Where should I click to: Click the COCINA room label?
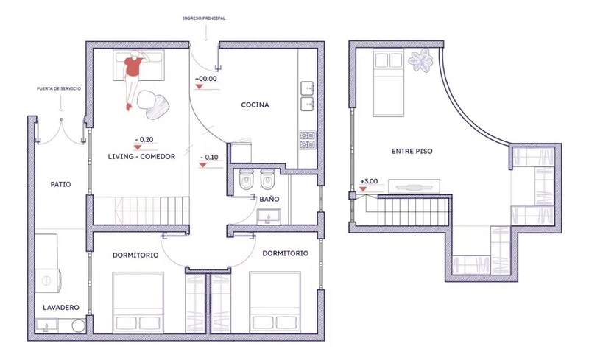click(255, 105)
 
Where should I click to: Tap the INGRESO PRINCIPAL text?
click(204, 18)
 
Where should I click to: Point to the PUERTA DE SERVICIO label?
click(59, 88)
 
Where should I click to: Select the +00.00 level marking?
click(206, 79)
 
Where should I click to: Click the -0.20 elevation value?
click(144, 139)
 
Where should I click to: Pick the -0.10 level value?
click(209, 157)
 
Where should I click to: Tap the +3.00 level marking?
click(369, 181)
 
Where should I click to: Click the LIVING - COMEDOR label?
click(141, 156)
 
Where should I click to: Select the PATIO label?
click(60, 185)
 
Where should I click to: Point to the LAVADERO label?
click(61, 308)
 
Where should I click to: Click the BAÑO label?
click(269, 199)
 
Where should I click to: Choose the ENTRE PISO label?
click(412, 151)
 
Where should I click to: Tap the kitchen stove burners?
click(307, 140)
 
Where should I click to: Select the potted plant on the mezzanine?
click(420, 60)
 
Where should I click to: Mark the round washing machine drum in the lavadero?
click(47, 280)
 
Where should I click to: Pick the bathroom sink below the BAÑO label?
click(269, 217)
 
